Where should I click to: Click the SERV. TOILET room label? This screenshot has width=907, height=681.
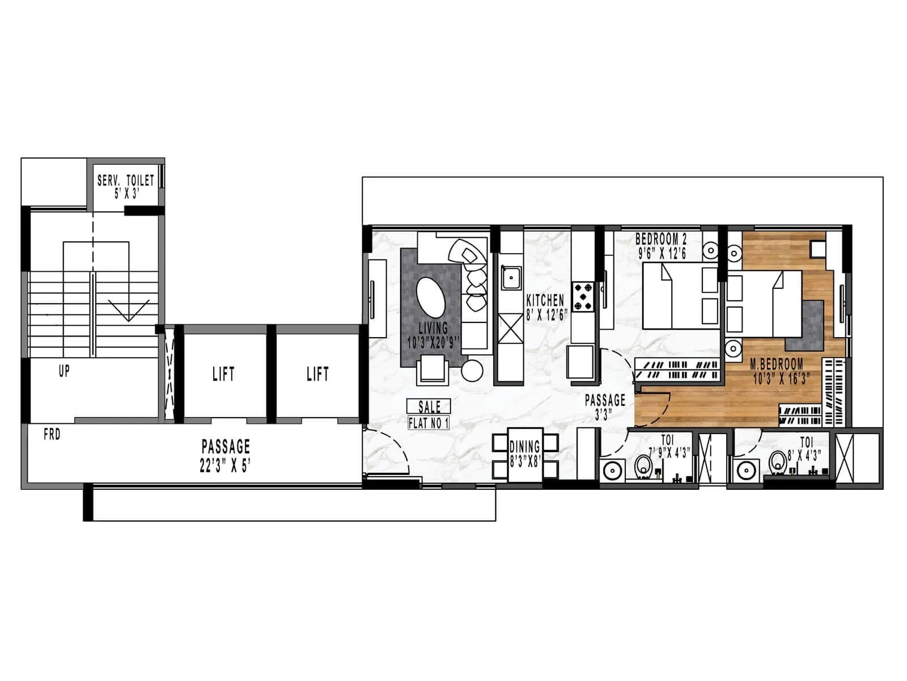coord(125,181)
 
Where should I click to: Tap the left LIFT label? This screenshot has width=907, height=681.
coord(223,374)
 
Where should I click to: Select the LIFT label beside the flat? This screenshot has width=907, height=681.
coord(317,374)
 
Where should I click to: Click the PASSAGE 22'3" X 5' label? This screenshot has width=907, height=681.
coord(226,446)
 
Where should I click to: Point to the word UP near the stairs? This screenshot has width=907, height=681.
coord(64,371)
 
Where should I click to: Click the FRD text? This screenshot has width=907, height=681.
coord(52,435)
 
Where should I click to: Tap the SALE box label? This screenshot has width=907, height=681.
coord(429,406)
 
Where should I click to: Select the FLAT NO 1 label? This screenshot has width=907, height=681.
coord(429,423)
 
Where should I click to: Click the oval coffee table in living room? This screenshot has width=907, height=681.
coord(431,297)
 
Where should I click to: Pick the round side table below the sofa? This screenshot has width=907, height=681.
coord(472,371)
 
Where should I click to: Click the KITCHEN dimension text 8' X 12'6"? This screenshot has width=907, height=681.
coord(546,316)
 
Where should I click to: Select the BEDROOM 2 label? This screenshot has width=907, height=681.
coord(660,239)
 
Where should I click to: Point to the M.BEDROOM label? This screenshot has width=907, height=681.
coord(776,364)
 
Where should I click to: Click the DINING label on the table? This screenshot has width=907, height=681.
coord(524,447)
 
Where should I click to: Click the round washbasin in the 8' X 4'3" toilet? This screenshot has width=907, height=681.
coord(744,470)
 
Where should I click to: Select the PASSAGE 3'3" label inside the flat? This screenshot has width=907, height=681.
coord(605,401)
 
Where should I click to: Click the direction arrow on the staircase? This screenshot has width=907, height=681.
coord(129,310)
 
